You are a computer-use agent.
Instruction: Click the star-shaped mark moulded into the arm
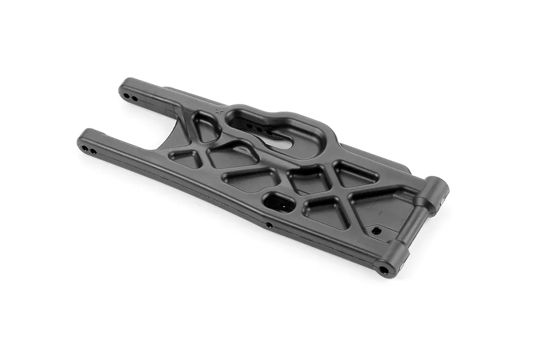coord(219,111)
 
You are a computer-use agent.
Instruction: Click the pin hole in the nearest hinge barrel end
coord(383,269)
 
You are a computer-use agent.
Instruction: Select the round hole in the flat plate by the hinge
coord(376,230)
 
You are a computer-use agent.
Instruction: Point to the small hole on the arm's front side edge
coord(269,226)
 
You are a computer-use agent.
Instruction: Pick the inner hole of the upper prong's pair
coord(135,98)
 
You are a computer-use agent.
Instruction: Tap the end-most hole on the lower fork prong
coord(86,148)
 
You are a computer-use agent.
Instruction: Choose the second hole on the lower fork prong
coord(94,151)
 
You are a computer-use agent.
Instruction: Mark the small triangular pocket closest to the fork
coord(185,158)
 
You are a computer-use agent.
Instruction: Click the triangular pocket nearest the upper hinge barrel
coord(356,174)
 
